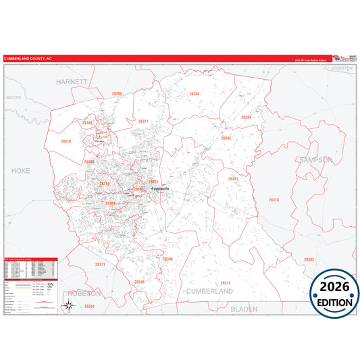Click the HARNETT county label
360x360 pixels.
(x=72, y=81)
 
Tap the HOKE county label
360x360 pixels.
(x=21, y=172)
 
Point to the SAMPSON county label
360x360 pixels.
(x=315, y=160)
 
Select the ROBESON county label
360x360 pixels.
(x=84, y=294)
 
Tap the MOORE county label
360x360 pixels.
(x=14, y=97)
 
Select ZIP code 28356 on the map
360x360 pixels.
(x=195, y=94)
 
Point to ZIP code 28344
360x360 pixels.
(x=246, y=117)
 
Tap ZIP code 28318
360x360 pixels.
(x=274, y=200)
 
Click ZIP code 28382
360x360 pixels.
(x=309, y=259)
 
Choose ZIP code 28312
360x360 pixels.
(x=226, y=282)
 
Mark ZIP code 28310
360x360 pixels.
(x=66, y=141)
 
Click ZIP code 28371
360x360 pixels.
(x=100, y=265)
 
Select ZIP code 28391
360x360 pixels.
(x=233, y=179)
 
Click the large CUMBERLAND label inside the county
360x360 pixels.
(x=210, y=291)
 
